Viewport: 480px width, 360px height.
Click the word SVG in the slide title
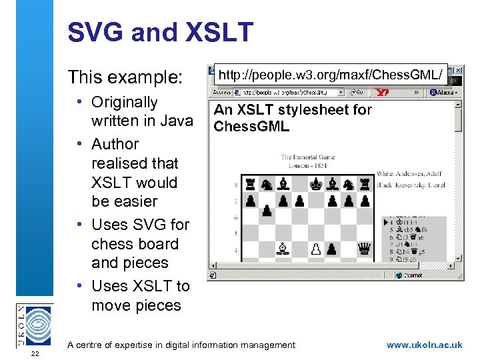coord(95,32)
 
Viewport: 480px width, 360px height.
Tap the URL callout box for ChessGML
coord(331,77)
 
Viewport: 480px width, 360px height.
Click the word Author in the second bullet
coord(115,144)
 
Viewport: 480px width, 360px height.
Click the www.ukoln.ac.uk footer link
coord(424,345)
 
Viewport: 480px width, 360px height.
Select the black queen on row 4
coord(365,249)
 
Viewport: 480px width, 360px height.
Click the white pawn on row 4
coord(316,249)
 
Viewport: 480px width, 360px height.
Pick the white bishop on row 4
coord(283,249)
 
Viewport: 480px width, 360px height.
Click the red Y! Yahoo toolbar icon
coord(383,93)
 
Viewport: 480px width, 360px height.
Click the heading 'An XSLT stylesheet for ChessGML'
coord(292,117)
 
